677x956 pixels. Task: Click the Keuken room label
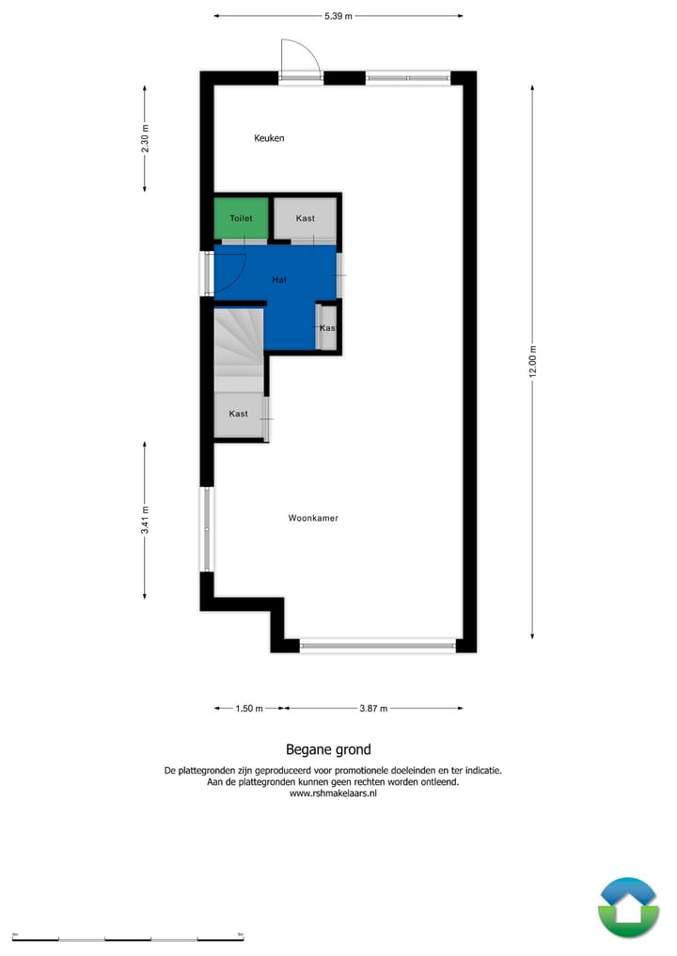269,138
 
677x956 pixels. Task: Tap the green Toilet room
241,218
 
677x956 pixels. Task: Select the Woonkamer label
313,518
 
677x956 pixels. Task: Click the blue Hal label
279,280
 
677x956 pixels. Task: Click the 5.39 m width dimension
338,16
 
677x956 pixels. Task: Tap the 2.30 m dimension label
145,139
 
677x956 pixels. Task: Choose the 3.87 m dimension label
373,709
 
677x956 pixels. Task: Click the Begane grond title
328,749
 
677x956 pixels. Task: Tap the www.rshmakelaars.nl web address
333,793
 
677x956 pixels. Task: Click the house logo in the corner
628,907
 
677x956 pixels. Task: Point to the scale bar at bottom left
128,937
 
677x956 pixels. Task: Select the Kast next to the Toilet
305,219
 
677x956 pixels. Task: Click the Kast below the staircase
238,415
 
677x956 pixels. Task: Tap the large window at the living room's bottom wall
377,646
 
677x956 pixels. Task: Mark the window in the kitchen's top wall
407,78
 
